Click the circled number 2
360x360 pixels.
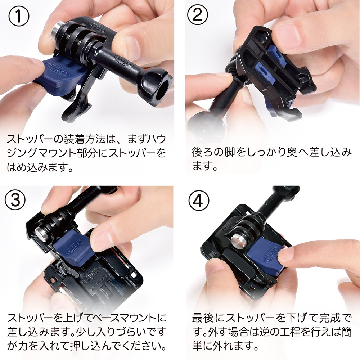click(198, 15)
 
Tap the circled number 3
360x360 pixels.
click(15, 199)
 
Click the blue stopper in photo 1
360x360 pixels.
click(60, 76)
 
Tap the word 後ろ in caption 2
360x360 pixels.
click(202, 152)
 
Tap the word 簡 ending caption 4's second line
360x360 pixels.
click(346, 332)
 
